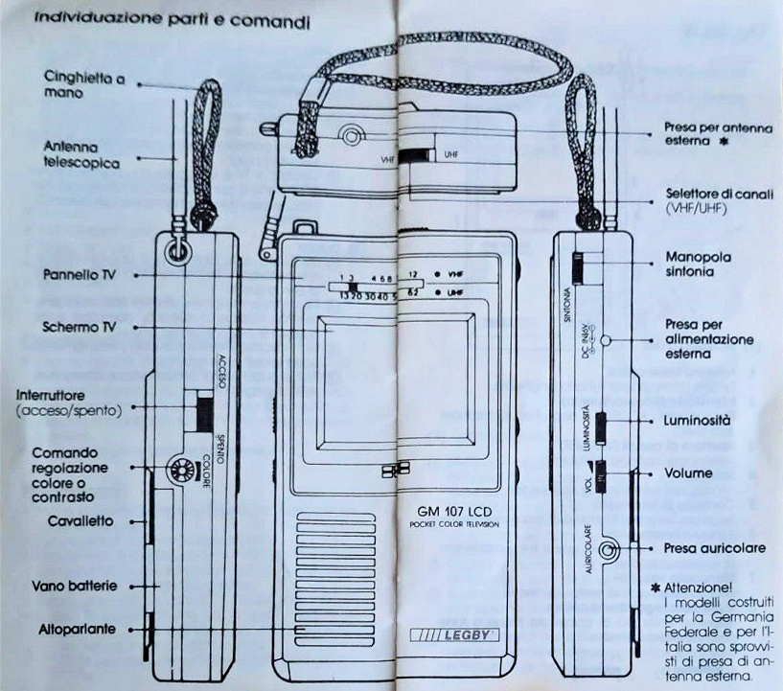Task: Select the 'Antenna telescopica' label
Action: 81,154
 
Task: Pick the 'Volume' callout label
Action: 688,473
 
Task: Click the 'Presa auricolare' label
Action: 714,548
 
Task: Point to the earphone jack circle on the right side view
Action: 608,550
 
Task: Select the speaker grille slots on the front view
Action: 328,565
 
